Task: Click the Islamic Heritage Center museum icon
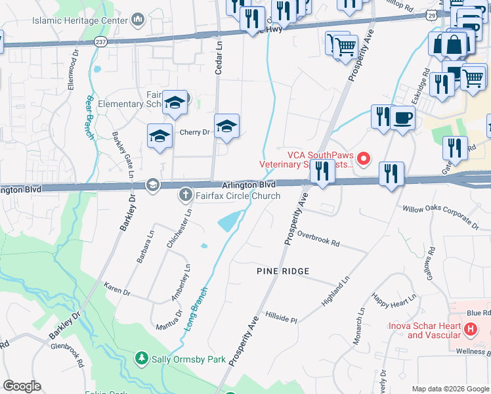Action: click(x=138, y=20)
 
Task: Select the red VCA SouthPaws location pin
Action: click(x=364, y=158)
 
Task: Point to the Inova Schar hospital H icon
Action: click(x=470, y=329)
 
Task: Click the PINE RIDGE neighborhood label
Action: click(x=282, y=271)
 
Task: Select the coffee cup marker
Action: click(x=403, y=118)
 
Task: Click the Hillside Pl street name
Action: click(x=281, y=317)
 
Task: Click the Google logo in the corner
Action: click(x=22, y=386)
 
